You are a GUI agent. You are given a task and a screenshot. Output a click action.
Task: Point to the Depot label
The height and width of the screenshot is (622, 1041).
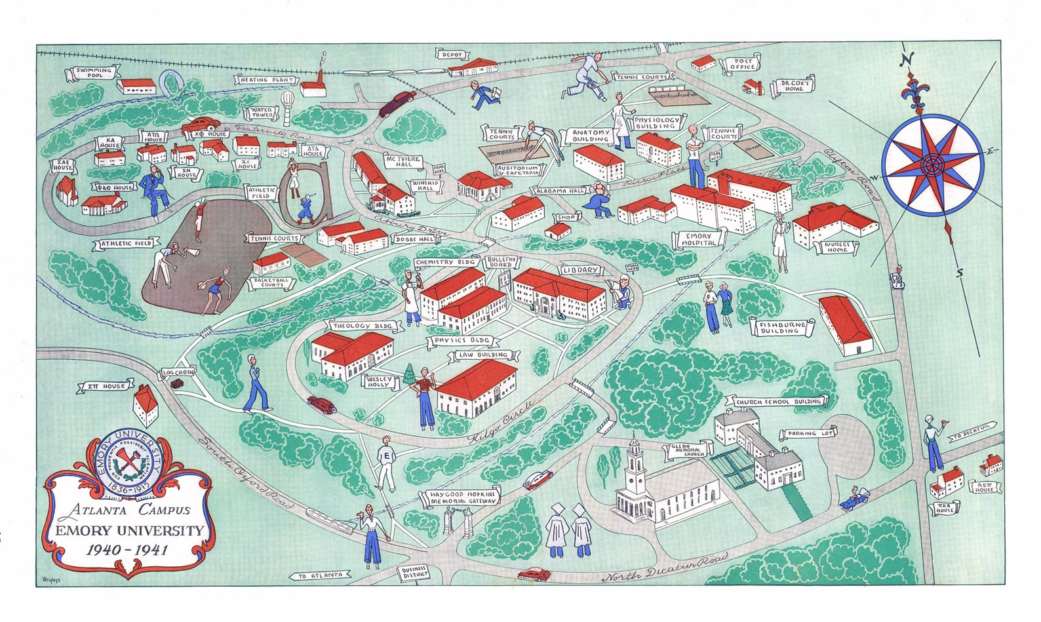coord(452,55)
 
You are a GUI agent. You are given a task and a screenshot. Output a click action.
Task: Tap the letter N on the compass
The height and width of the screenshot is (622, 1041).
coord(907,60)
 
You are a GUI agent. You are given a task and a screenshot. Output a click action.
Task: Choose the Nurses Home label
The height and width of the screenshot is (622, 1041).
coord(836,246)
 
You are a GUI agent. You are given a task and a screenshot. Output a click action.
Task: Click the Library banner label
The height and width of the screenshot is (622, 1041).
coord(581,270)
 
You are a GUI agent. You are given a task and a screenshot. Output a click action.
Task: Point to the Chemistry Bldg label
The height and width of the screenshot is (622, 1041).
coord(445,262)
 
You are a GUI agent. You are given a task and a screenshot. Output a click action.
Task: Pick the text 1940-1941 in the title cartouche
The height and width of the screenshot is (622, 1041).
coord(127,549)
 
